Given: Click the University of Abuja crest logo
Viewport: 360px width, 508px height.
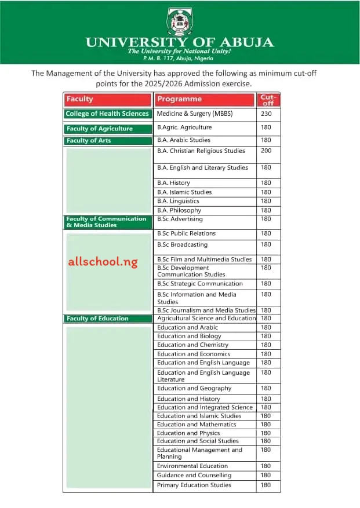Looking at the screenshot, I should click(179, 21).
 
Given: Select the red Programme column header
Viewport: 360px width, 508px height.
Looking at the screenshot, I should click(205, 100).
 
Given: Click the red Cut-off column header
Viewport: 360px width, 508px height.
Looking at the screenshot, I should click(267, 100).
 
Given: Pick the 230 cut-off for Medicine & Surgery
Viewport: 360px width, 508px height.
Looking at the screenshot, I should click(266, 114).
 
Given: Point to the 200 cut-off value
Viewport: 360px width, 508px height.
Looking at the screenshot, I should click(266, 151).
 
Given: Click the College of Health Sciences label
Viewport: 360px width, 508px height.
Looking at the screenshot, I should click(108, 114).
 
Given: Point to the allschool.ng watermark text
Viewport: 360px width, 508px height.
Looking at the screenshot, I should click(103, 262).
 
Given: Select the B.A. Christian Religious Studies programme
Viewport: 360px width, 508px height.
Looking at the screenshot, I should click(201, 151).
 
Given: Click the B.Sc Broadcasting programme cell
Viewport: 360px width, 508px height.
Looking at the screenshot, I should click(182, 244).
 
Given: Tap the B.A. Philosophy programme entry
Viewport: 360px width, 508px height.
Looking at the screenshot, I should click(179, 210).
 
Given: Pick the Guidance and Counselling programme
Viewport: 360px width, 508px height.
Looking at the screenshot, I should click(194, 476).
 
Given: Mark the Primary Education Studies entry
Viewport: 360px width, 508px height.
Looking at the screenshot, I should click(194, 485).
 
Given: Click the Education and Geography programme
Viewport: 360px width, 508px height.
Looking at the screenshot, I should click(194, 388).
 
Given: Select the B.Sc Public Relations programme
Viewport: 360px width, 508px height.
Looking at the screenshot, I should click(186, 233).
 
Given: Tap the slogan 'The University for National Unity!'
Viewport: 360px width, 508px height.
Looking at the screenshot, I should click(179, 52).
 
